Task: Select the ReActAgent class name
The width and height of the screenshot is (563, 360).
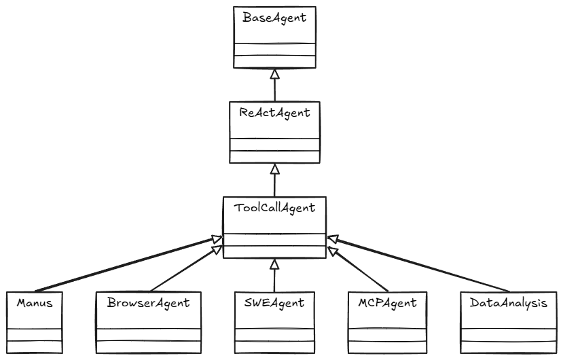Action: [x=274, y=113]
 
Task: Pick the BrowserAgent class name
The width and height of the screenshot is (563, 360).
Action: [x=148, y=303]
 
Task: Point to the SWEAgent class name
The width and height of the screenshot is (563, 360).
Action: [x=274, y=303]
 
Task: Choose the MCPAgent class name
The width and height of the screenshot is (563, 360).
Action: [x=388, y=303]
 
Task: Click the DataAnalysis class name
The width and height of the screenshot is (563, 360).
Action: [x=508, y=303]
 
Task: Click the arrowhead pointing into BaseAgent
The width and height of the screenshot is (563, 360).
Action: [x=274, y=73]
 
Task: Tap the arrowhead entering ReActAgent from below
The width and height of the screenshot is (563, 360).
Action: [x=274, y=168]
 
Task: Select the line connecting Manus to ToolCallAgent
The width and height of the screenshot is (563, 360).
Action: [x=122, y=264]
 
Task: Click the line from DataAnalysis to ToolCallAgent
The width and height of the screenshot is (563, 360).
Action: [x=421, y=264]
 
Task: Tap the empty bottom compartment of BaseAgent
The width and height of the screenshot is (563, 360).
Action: [x=274, y=61]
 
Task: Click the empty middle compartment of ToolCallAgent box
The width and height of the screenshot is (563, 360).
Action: [x=274, y=239]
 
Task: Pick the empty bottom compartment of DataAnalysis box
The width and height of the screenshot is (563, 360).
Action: [x=508, y=346]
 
